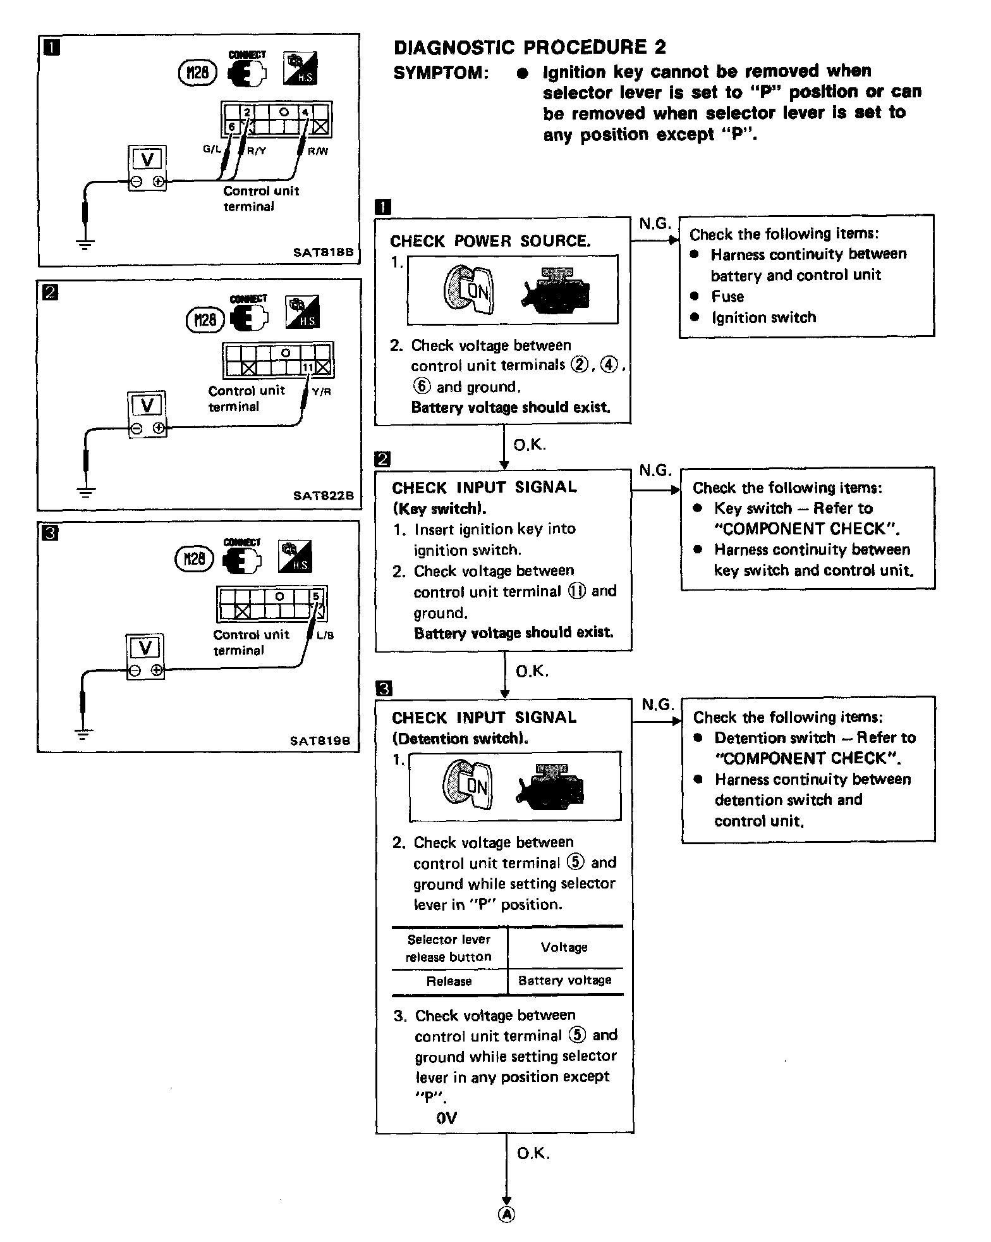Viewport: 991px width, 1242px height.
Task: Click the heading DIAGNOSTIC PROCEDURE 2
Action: click(x=530, y=47)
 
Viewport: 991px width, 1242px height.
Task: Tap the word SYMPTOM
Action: click(x=441, y=73)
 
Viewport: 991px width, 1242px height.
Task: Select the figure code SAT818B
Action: click(x=324, y=252)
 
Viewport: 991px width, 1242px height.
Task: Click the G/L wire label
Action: click(x=212, y=150)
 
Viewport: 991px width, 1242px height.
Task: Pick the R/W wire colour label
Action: click(x=318, y=152)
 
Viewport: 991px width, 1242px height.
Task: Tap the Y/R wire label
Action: click(x=322, y=392)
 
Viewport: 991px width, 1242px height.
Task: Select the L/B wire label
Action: click(x=325, y=636)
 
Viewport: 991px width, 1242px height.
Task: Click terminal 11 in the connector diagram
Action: click(x=308, y=368)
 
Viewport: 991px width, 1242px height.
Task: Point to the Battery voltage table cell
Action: click(x=564, y=981)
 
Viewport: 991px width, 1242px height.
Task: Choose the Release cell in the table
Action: click(x=449, y=981)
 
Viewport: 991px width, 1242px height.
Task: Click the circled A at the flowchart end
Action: click(x=506, y=1214)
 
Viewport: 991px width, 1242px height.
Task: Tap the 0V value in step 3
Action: click(x=446, y=1118)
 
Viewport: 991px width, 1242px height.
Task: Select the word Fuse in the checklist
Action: click(x=727, y=297)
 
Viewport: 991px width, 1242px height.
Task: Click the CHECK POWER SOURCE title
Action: click(x=490, y=241)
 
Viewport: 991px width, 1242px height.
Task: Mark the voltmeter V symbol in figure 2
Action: click(x=147, y=405)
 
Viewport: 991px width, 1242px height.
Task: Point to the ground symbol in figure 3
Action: click(x=82, y=733)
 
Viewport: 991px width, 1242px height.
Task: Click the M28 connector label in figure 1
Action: click(x=198, y=74)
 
